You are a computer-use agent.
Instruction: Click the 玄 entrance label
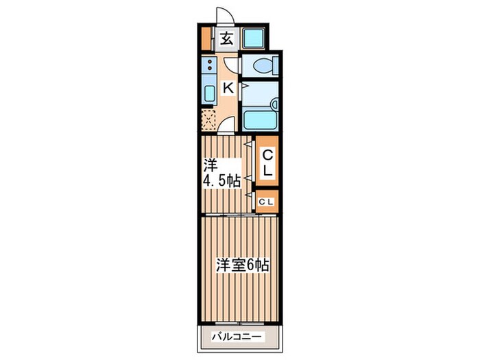[x=227, y=38]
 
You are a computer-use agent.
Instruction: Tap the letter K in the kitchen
[x=228, y=87]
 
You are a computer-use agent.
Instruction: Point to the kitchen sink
[x=208, y=93]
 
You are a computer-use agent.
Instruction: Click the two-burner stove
[x=208, y=66]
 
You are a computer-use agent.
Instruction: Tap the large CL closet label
[x=267, y=163]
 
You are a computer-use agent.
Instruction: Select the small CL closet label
[x=267, y=201]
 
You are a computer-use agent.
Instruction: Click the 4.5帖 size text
[x=220, y=182]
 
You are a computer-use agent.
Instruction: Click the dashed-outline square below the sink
[x=209, y=119]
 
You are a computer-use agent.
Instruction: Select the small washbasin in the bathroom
[x=274, y=104]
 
